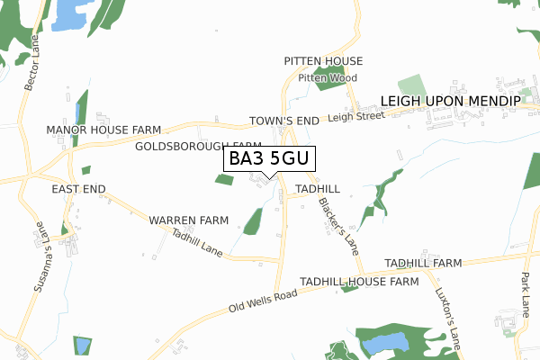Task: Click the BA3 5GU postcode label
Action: pyautogui.click(x=268, y=159)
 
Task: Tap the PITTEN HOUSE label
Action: pyautogui.click(x=323, y=61)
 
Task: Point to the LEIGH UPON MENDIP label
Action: pyautogui.click(x=450, y=102)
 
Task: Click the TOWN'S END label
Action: pyautogui.click(x=283, y=121)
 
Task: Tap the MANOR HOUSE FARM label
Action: pyautogui.click(x=103, y=130)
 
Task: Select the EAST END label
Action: pyautogui.click(x=78, y=189)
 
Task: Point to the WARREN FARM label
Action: pyautogui.click(x=189, y=220)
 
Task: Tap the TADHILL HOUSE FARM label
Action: pyautogui.click(x=360, y=282)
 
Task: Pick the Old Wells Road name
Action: pyautogui.click(x=263, y=301)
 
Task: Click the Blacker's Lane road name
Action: pyautogui.click(x=333, y=220)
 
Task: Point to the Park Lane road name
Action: pyautogui.click(x=526, y=296)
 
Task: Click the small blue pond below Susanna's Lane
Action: pyautogui.click(x=82, y=345)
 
